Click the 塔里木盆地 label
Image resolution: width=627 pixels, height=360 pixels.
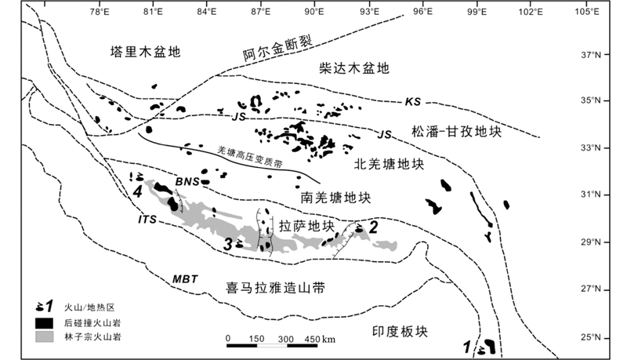(145, 53)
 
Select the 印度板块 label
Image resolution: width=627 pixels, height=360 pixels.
(400, 330)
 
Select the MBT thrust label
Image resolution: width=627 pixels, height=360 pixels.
(185, 278)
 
